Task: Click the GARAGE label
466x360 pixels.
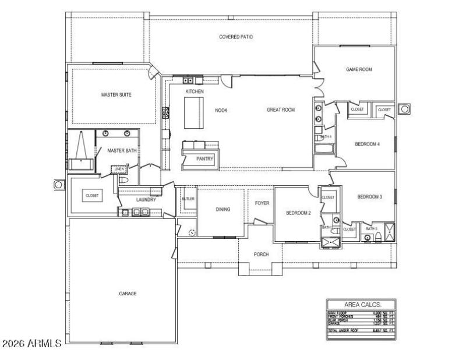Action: pos(128,294)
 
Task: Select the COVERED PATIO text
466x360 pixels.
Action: pos(236,37)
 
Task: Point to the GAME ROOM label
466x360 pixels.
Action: pos(359,69)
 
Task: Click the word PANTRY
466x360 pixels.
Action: pos(204,158)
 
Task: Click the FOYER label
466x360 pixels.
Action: pos(262,203)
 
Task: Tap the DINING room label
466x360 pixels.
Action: pos(223,210)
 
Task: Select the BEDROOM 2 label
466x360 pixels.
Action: pos(298,213)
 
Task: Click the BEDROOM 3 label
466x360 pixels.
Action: pos(369,197)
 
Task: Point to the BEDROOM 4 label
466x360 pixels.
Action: pos(368,144)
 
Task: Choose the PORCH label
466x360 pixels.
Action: pos(261,255)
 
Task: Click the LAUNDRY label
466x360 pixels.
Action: pos(146,200)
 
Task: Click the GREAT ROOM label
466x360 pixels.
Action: pos(281,109)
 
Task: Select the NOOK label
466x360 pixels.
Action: pos(221,110)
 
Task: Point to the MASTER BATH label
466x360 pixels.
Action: pos(121,150)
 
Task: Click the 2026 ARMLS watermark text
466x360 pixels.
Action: pos(31,344)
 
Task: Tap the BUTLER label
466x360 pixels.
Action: pos(188,199)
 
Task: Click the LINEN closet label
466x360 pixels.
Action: pos(119,170)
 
